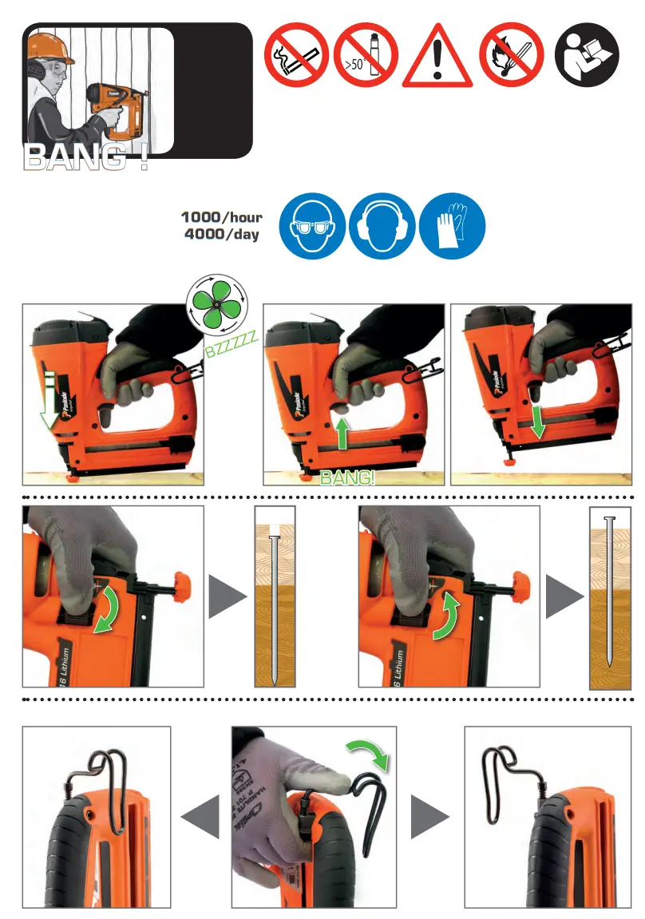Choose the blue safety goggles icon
(312, 228)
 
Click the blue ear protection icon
(382, 228)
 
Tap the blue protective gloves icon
(451, 228)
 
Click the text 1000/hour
(221, 217)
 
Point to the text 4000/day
(221, 236)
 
